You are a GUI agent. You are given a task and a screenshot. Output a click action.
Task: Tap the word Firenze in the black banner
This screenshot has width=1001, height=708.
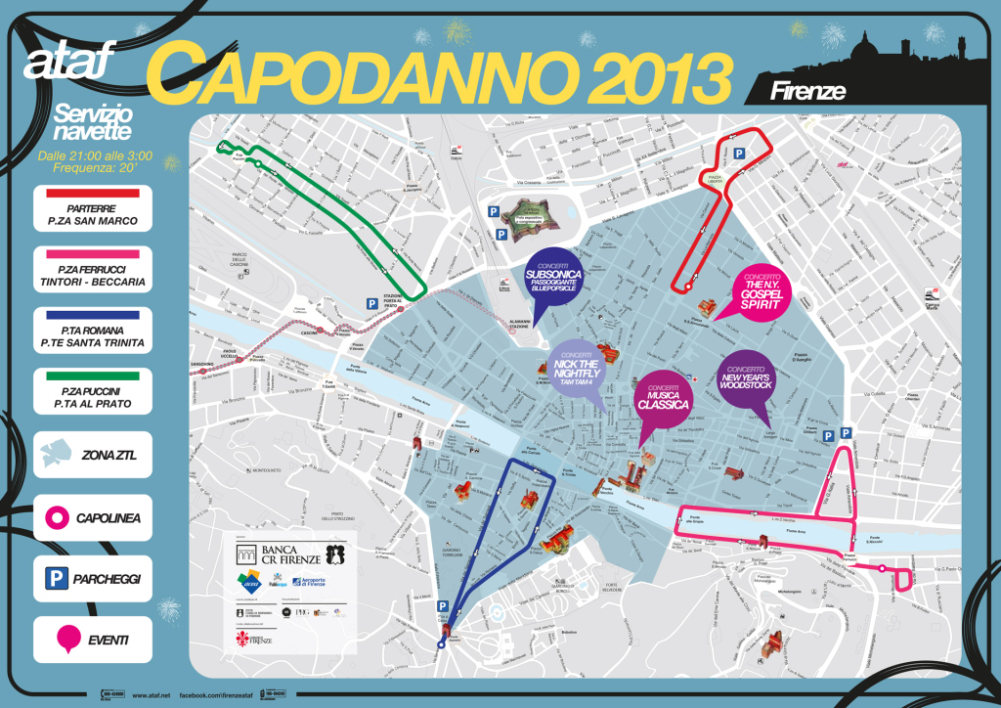click(x=807, y=91)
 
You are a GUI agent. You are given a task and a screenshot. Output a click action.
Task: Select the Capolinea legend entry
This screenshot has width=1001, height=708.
click(x=92, y=516)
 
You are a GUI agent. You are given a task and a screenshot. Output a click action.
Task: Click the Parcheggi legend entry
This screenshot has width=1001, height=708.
click(x=92, y=578)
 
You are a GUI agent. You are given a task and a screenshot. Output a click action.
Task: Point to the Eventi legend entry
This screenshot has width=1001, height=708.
click(x=92, y=642)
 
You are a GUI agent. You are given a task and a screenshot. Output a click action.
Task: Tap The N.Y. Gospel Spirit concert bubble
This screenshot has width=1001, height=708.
click(x=763, y=289)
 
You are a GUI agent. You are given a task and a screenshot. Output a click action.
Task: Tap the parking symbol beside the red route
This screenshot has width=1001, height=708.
click(x=741, y=154)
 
